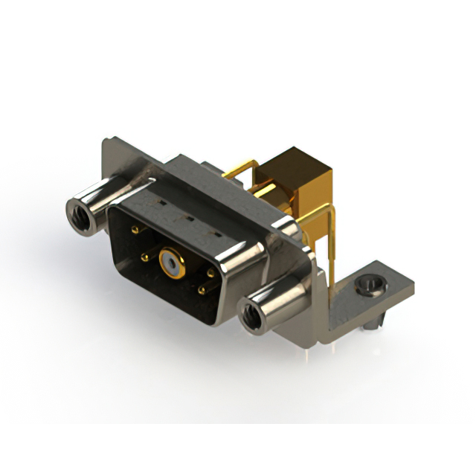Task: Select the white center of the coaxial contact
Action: tap(173, 263)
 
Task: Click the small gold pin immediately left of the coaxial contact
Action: tap(146, 258)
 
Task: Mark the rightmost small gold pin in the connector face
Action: tap(210, 273)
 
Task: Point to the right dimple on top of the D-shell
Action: tap(218, 235)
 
